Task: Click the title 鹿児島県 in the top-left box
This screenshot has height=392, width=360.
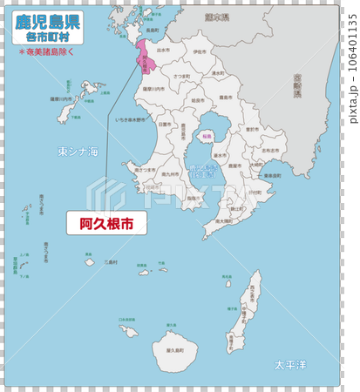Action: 49,21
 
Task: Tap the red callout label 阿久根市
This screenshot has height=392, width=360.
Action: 106,223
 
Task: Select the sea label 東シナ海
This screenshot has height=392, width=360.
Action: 78,152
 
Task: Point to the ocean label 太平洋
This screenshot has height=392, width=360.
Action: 290,363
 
